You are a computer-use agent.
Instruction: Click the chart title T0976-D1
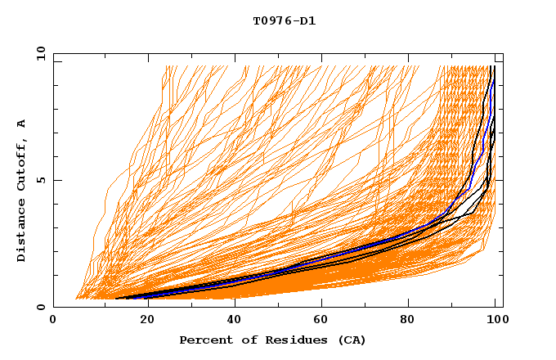[284, 20]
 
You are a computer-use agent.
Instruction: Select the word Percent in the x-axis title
[204, 340]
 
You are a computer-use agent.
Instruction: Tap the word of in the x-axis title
[242, 340]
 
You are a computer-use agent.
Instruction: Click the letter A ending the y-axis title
[21, 123]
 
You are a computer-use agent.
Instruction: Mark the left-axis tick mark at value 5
[56, 180]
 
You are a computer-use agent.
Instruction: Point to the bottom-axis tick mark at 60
[320, 304]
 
